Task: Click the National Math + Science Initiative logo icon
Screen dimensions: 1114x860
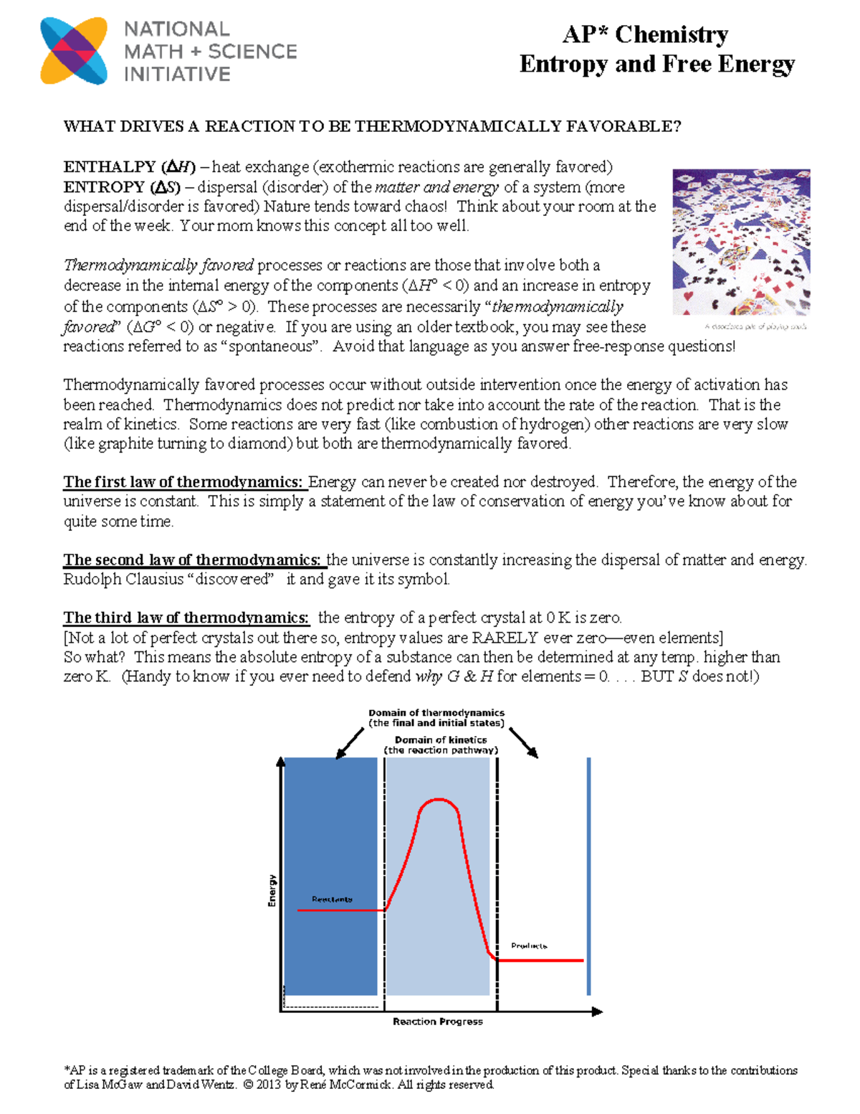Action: pos(74,51)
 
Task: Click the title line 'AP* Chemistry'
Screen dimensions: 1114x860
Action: pos(645,34)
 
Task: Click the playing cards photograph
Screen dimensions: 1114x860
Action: pos(741,242)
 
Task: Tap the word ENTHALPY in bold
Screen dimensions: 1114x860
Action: pos(110,167)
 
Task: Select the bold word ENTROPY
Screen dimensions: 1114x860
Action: pos(105,187)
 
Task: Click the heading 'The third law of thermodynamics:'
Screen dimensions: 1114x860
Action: pos(186,618)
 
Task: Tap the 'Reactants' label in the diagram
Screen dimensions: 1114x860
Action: pos(332,899)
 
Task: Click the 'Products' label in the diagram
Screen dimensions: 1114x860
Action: pos(529,946)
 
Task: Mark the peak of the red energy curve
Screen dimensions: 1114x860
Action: pos(438,800)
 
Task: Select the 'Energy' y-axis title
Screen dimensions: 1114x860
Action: pos(272,890)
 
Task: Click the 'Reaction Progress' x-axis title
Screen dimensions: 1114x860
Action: pos(437,1021)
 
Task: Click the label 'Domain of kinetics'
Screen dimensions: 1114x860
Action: pos(440,740)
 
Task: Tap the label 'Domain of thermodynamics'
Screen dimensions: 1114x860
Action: pos(436,713)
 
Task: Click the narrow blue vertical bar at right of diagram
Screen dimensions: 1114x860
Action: pos(588,877)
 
